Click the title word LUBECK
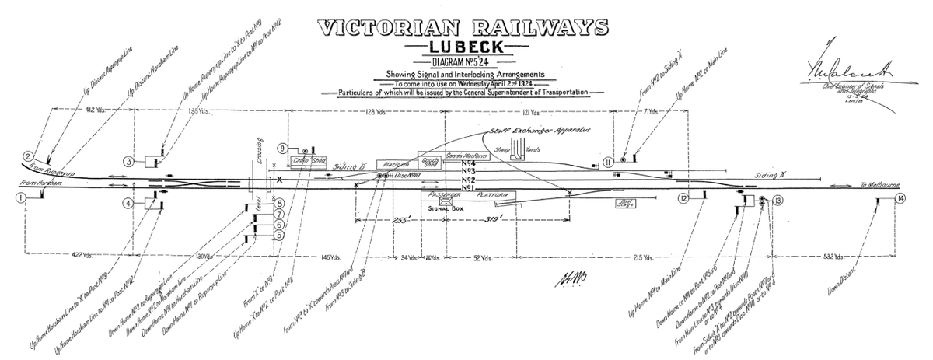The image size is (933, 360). point(465,48)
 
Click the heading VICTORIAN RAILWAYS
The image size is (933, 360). point(465,26)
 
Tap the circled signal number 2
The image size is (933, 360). point(27,156)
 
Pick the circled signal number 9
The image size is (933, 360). point(282,149)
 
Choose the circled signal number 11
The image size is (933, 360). point(607,161)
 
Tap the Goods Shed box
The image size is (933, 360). point(430,163)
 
